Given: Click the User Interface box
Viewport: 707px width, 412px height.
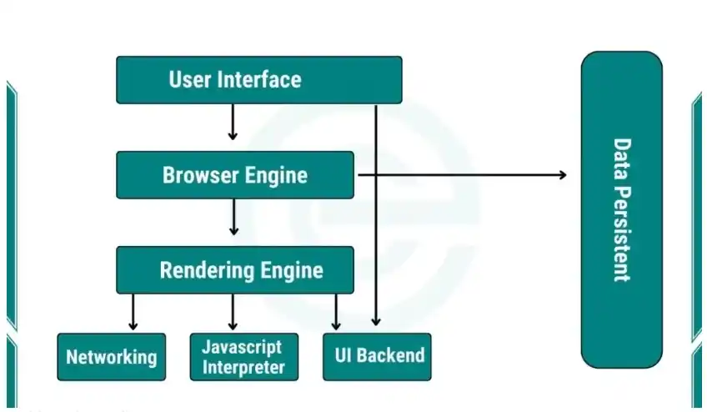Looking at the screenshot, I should coord(258,80).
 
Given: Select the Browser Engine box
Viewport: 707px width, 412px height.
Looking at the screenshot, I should coord(235,175).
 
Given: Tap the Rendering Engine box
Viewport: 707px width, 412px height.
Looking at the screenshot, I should coord(235,270).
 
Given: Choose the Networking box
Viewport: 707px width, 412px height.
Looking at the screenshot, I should coord(112,357).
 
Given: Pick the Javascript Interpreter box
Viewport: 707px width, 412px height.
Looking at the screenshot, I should coord(243,357).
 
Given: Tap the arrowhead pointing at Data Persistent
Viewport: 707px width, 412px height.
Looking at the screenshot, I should coord(561,175).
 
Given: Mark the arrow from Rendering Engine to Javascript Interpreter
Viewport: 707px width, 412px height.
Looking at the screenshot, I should coord(233,312).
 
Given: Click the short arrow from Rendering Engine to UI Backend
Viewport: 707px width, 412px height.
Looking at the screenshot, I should coord(336,312).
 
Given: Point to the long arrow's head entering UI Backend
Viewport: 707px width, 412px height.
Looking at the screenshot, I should coord(376,320).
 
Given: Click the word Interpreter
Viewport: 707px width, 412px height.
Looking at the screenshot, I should coord(243,367).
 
